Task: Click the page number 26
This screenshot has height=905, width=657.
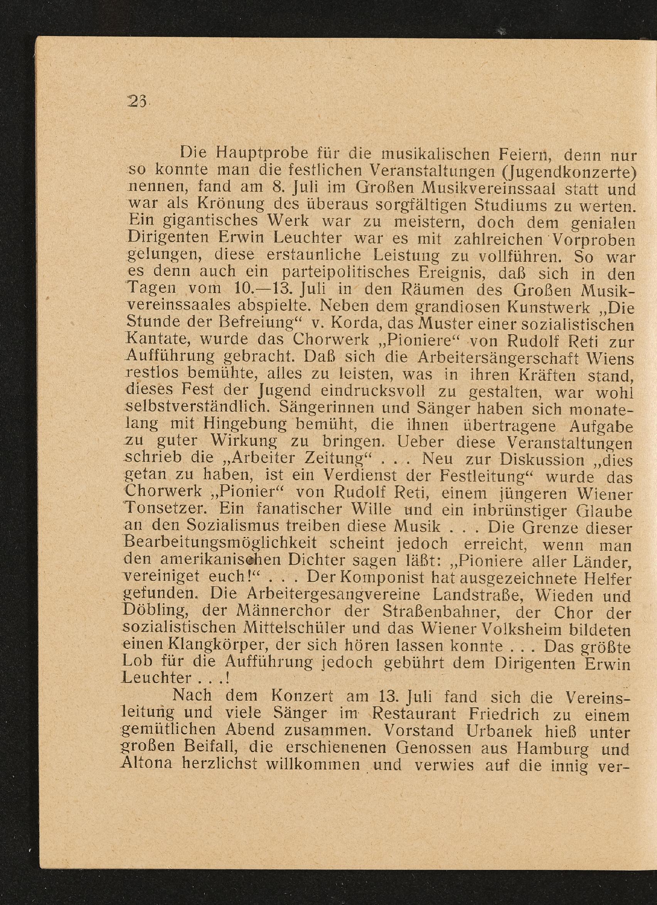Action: point(137,102)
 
